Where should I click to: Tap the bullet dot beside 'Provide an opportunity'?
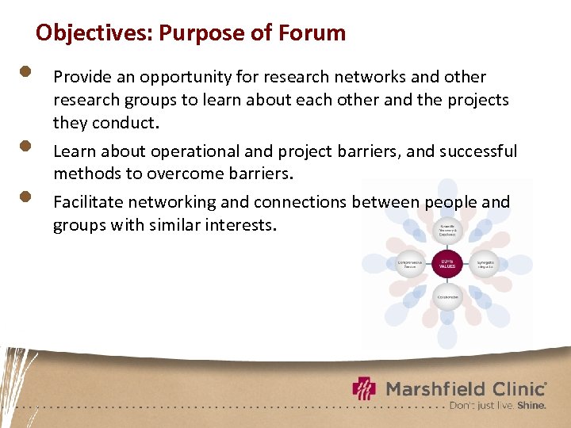pyautogui.click(x=25, y=71)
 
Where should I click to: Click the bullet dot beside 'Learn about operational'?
pyautogui.click(x=25, y=146)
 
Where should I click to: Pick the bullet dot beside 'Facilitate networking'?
pyautogui.click(x=25, y=196)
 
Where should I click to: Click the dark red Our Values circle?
pyautogui.click(x=447, y=264)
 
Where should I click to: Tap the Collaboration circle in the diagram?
pyautogui.click(x=447, y=297)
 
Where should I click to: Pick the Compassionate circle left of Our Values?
pyautogui.click(x=410, y=264)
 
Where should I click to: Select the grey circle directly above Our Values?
pyautogui.click(x=447, y=230)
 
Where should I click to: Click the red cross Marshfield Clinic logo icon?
pyautogui.click(x=365, y=388)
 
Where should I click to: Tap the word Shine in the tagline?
pyautogui.click(x=532, y=405)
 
